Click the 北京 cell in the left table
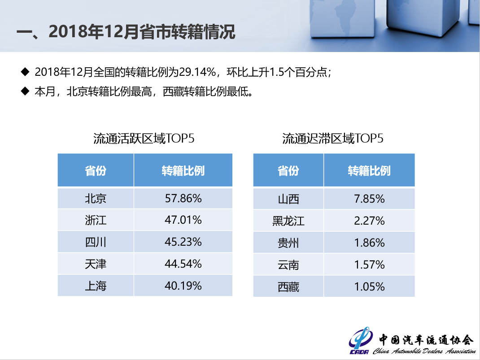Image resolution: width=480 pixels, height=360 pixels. (96, 198)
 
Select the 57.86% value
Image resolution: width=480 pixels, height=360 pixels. (183, 198)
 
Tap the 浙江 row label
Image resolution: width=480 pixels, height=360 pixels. (96, 220)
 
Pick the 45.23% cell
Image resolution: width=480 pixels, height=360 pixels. (183, 242)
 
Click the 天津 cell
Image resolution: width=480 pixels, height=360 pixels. (96, 264)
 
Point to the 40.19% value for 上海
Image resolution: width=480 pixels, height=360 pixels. (183, 286)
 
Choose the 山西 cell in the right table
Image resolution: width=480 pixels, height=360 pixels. (288, 199)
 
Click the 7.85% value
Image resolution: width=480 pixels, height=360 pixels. (369, 199)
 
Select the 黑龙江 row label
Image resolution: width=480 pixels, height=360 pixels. (288, 221)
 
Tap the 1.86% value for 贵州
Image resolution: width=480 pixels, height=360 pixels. (369, 243)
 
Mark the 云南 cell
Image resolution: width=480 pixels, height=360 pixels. (288, 265)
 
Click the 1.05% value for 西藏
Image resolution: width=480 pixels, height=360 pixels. (369, 286)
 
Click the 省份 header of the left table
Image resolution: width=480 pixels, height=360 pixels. (96, 171)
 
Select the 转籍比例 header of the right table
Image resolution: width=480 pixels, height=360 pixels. (369, 171)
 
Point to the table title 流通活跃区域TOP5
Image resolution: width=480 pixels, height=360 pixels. (144, 139)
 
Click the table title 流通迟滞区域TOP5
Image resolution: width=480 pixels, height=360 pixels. (333, 139)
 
